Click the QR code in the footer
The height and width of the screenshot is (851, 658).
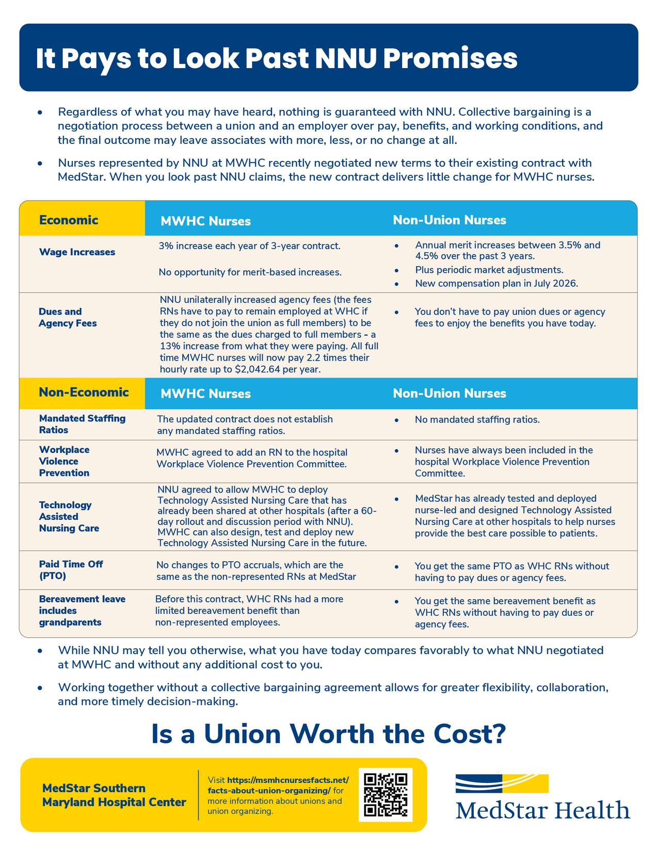pos(386,794)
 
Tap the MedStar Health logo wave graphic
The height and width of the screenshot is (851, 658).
pos(502,783)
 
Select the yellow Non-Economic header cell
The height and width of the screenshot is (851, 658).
pos(84,392)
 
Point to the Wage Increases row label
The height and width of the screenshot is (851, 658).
pos(77,252)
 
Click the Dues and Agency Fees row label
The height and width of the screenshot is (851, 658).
pos(68,317)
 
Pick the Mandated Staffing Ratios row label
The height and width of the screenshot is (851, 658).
pos(82,424)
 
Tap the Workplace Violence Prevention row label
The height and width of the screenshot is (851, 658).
pos(64,461)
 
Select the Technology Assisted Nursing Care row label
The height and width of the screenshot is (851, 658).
pos(69,516)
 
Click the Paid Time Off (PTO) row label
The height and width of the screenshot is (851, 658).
pos(71,570)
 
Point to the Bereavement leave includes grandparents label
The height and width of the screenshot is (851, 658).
pos(82,611)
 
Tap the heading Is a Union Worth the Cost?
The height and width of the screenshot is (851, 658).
pos(328,734)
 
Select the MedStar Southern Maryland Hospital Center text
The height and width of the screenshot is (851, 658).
pos(114,795)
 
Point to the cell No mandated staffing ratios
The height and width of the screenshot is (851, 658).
pos(477,420)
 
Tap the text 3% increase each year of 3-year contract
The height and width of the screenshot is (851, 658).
pos(249,246)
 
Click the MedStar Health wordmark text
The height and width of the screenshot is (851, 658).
pos(543,810)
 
